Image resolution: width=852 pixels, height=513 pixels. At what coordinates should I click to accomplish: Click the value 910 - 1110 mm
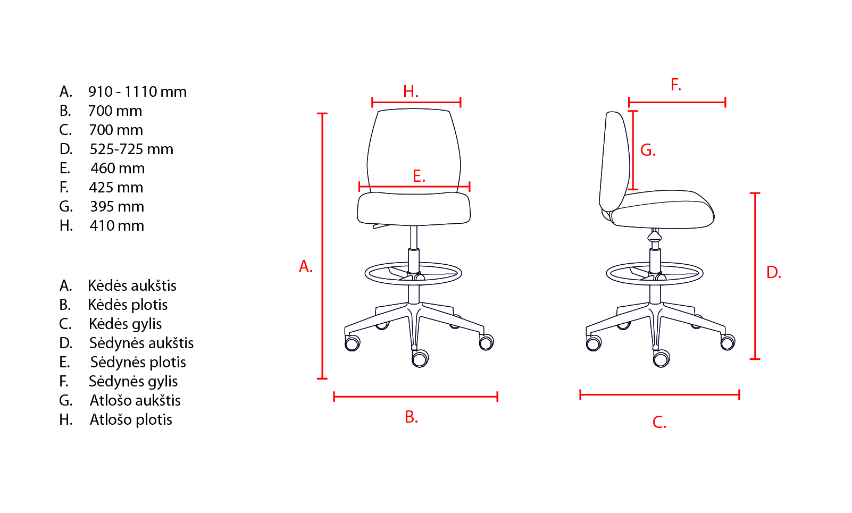point(137,91)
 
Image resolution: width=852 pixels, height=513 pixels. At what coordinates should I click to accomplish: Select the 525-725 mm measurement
point(131,149)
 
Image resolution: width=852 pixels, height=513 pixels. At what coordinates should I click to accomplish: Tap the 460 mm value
point(118,168)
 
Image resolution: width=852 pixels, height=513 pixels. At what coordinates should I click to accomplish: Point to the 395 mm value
point(117,206)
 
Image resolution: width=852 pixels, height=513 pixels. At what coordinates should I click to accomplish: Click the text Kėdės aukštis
point(132,285)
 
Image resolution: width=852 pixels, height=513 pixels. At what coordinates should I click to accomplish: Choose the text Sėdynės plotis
point(138,362)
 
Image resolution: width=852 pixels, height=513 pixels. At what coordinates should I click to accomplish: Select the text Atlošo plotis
point(131,419)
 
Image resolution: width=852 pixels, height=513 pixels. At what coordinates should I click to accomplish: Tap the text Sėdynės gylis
point(133,381)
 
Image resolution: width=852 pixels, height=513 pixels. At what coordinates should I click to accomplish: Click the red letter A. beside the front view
point(305,266)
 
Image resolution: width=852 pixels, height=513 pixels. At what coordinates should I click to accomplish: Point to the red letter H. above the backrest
point(411,91)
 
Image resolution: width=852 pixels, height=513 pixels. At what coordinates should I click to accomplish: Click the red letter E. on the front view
point(419,176)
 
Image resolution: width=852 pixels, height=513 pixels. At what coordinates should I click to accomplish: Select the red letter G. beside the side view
point(648,150)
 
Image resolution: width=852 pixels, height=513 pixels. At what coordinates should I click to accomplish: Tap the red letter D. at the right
point(774,272)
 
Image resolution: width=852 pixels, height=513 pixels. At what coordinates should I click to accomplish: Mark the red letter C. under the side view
point(659,422)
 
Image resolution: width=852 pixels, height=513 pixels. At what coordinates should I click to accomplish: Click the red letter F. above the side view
point(676,85)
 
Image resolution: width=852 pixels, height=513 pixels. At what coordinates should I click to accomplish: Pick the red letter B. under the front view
point(411,417)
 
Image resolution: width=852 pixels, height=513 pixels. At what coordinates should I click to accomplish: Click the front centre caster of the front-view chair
point(420,358)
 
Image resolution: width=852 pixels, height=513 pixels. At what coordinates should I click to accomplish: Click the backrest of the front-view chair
point(414,152)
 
